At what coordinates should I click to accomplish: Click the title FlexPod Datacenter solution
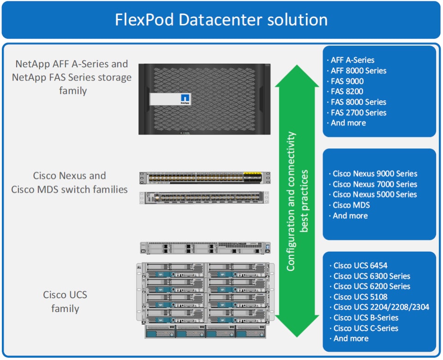click(x=221, y=20)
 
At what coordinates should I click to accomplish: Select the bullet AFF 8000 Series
click(x=359, y=71)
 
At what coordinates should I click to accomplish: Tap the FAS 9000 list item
click(x=347, y=81)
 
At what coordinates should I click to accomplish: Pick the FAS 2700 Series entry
click(x=359, y=112)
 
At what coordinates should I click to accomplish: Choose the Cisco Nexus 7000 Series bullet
click(x=375, y=184)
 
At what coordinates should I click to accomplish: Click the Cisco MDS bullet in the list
click(x=351, y=205)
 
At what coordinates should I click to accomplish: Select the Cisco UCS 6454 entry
click(x=360, y=266)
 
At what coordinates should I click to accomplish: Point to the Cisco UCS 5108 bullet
click(x=360, y=297)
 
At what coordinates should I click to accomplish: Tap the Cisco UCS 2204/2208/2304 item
click(x=381, y=307)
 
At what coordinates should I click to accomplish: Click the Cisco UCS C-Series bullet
click(x=365, y=328)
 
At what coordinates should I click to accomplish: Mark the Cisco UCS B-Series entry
click(x=365, y=318)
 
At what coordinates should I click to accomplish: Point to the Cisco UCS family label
click(x=65, y=301)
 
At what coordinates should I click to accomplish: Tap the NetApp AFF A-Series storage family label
click(x=72, y=77)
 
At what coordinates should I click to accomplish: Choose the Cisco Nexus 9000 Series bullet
click(x=375, y=174)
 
